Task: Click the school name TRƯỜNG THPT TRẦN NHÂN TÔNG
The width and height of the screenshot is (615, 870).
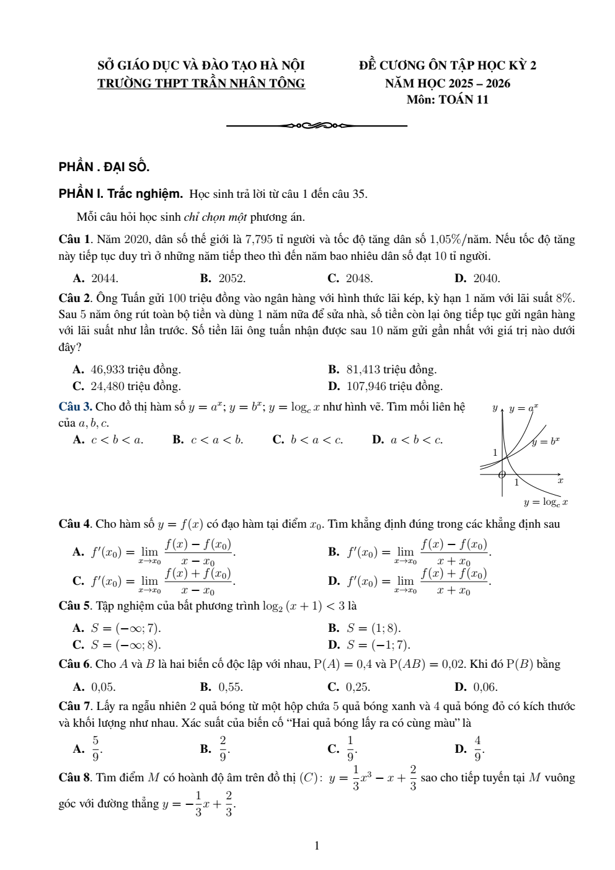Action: coord(201,83)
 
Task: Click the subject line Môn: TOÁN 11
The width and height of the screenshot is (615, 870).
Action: coord(447,99)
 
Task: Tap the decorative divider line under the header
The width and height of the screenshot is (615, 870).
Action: coord(317,126)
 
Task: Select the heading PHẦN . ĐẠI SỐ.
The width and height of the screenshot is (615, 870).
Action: coord(104,167)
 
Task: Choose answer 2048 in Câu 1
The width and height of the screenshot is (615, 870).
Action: coord(358,278)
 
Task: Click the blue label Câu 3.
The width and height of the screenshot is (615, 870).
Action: coord(75,407)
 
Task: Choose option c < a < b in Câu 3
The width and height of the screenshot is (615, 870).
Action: coord(216,440)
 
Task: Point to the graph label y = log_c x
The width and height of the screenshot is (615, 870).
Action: coord(546,502)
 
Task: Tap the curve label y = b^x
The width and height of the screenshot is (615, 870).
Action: coord(546,442)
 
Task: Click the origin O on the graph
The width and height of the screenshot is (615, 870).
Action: coord(502,475)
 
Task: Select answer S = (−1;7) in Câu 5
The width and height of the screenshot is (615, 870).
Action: coord(378,644)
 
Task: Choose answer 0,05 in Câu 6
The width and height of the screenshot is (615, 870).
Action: coord(103,686)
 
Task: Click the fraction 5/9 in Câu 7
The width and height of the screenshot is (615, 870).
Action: coord(95,748)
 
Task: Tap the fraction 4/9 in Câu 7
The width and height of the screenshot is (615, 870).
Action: coord(478,748)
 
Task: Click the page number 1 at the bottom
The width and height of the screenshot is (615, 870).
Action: coord(317,845)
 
